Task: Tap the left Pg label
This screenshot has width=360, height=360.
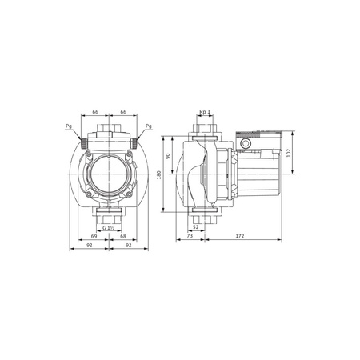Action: point(70,127)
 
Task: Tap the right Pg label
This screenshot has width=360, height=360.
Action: point(150,127)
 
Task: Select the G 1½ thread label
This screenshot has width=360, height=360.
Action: point(110,229)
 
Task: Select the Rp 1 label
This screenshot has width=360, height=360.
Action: point(204,113)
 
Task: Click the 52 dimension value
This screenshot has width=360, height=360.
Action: point(195,229)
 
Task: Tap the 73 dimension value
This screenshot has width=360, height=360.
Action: point(188,238)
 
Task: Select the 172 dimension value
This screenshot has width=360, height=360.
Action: point(241,238)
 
